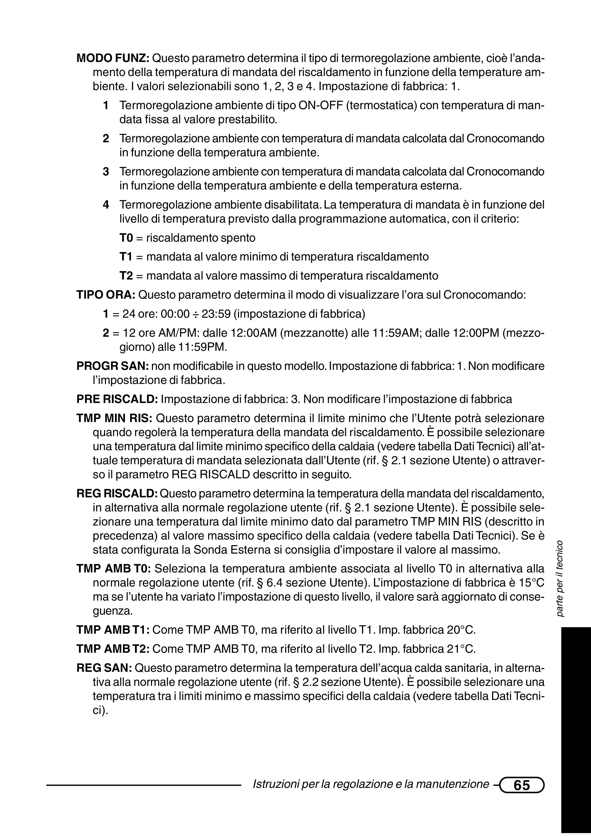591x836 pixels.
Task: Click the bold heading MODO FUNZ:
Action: click(113, 58)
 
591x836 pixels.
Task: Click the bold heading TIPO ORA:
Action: click(106, 295)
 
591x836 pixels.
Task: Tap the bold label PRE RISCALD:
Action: click(117, 399)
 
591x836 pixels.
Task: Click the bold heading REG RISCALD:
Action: click(117, 494)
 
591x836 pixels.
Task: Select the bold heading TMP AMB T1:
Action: click(114, 630)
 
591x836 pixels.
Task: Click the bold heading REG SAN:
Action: click(104, 668)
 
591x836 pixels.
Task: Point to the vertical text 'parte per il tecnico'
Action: click(560, 579)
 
